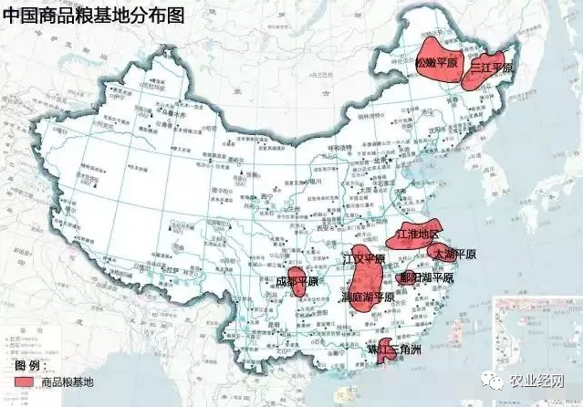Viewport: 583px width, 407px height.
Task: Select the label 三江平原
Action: pos(493,68)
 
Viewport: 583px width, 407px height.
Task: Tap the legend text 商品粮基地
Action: pos(68,381)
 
